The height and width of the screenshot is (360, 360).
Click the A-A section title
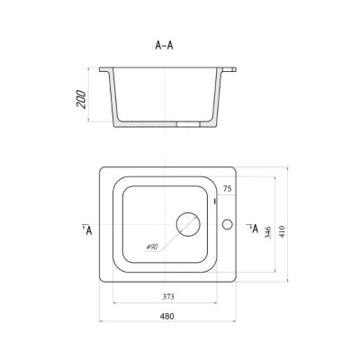(164, 45)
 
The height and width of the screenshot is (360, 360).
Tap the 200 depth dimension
(81, 99)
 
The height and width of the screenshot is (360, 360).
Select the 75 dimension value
(227, 189)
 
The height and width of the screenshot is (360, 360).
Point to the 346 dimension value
(268, 232)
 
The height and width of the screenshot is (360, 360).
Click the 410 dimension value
(282, 231)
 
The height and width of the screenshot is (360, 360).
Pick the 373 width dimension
(168, 297)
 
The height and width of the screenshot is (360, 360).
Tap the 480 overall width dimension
(167, 316)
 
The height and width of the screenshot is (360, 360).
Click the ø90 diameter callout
(152, 247)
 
